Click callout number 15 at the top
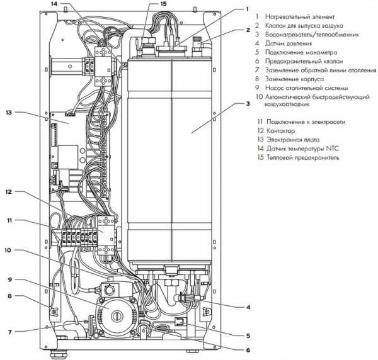point(163,4)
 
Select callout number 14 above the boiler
point(54,4)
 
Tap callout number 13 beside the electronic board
point(9,113)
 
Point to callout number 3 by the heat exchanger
point(248,104)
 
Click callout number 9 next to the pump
point(10,279)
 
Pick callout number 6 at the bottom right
point(248,351)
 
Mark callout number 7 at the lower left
point(10,332)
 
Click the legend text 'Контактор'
point(280,131)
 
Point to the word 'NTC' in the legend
point(333,149)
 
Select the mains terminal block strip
point(79,238)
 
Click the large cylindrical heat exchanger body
point(169,160)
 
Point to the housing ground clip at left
point(54,312)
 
